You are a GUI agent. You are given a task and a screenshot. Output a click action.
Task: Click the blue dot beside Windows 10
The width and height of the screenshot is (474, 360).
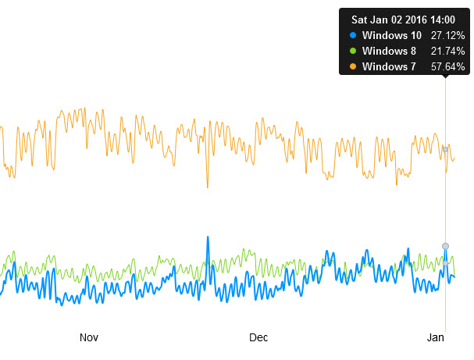click(x=353, y=35)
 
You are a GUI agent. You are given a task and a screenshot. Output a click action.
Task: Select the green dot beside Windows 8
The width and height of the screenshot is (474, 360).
click(x=353, y=51)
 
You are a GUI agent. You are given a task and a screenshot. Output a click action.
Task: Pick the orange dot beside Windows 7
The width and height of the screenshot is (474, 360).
click(x=353, y=66)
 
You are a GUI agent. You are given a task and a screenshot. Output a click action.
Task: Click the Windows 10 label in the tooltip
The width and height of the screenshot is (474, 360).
click(x=391, y=35)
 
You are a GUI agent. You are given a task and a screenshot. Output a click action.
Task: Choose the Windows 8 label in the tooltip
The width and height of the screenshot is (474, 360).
click(x=388, y=51)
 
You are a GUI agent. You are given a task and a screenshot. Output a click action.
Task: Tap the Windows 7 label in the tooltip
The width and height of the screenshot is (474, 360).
click(x=388, y=66)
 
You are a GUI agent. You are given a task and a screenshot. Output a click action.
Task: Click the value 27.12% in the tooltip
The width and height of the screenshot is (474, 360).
click(x=448, y=35)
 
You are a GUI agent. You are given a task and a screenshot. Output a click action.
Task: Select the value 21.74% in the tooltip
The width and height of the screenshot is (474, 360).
click(x=448, y=51)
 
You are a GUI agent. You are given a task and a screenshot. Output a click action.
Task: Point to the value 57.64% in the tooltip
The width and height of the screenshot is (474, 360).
click(x=448, y=66)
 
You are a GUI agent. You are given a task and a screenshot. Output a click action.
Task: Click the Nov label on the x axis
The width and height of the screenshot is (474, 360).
click(x=89, y=337)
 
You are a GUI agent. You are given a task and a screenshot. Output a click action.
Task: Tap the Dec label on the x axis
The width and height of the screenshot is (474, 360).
click(x=258, y=337)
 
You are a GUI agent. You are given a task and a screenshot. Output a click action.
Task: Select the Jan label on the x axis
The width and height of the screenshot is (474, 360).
click(x=436, y=337)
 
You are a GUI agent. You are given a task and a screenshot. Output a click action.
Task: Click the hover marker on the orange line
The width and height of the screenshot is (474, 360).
click(x=445, y=148)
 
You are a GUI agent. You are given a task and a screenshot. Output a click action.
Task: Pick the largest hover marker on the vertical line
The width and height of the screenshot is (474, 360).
click(x=445, y=246)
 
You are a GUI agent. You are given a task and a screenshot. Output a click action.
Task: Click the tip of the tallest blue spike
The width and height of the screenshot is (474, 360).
click(x=208, y=237)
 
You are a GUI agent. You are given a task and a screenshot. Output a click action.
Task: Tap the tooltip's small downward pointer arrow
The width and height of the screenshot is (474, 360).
click(x=445, y=77)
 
